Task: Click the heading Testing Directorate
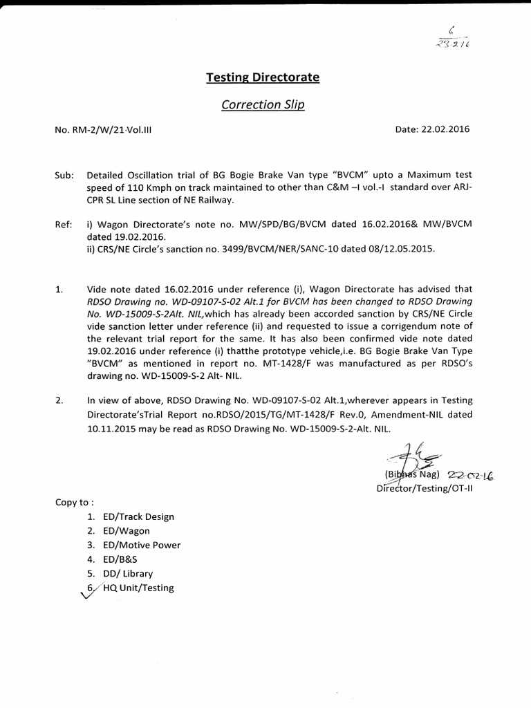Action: tap(263, 77)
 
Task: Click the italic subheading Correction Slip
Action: tap(262, 105)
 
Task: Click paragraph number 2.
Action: tap(59, 400)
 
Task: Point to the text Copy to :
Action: tap(75, 502)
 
